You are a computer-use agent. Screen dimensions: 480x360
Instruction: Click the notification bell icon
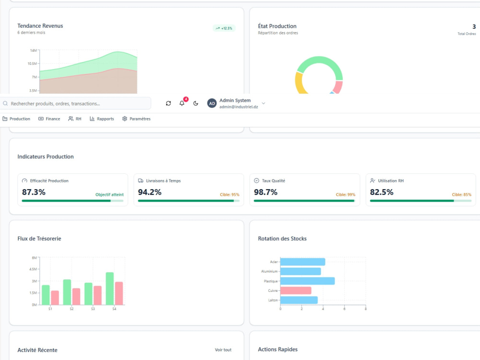point(182,103)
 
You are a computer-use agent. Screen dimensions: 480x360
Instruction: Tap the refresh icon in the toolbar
point(168,104)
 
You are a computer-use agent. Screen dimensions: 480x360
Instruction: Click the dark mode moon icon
point(196,104)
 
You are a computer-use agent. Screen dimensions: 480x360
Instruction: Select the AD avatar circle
point(212,104)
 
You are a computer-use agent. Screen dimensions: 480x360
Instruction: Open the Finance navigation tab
point(49,119)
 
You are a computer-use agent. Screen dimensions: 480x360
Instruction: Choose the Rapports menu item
point(102,119)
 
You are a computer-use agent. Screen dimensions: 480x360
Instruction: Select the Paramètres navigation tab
point(136,119)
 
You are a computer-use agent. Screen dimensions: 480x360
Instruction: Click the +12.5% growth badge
point(224,28)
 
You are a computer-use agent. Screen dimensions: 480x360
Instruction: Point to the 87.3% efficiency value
point(34,192)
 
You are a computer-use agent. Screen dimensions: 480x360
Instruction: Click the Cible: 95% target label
point(229,195)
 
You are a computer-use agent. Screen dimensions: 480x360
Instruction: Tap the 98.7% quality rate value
point(265,192)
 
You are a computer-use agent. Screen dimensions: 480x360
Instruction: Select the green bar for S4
point(109,288)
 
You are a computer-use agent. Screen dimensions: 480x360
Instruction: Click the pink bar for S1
point(55,298)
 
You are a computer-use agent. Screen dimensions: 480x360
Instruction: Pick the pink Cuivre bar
point(296,290)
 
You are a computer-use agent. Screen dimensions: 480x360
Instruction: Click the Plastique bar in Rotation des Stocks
point(307,281)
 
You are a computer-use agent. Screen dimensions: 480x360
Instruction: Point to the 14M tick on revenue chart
point(34,50)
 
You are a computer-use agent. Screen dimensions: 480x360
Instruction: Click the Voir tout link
point(223,350)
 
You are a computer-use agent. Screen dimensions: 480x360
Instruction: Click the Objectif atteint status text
point(109,195)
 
